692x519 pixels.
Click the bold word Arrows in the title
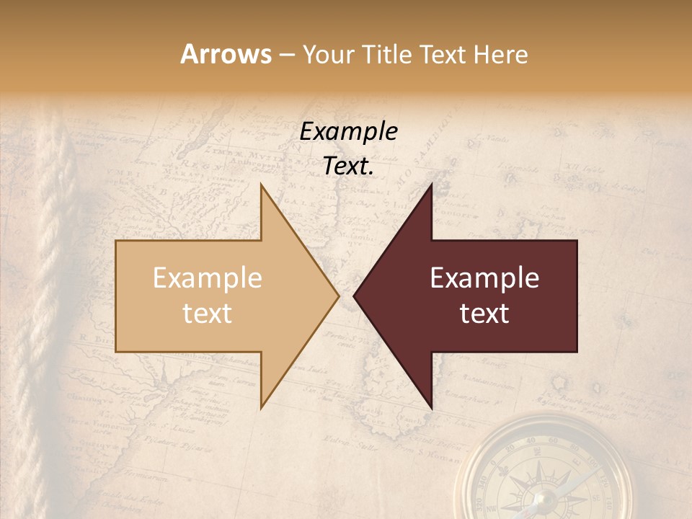tap(226, 54)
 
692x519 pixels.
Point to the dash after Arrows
tap(286, 56)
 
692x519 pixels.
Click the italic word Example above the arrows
tap(348, 131)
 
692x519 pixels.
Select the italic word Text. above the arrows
tap(348, 166)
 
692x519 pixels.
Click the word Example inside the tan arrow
tap(208, 278)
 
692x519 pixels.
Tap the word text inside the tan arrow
tap(208, 313)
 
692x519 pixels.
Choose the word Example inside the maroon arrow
tap(484, 278)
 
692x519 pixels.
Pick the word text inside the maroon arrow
tap(484, 313)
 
